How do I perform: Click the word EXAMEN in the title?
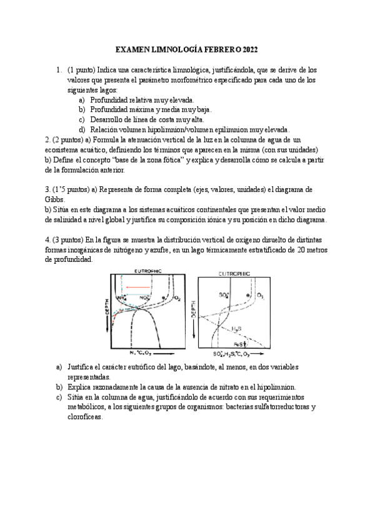[x=134, y=50]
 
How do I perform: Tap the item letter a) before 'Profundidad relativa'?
[x=82, y=100]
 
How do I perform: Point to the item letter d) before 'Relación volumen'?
[x=82, y=129]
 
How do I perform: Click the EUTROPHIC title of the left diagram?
[x=148, y=270]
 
